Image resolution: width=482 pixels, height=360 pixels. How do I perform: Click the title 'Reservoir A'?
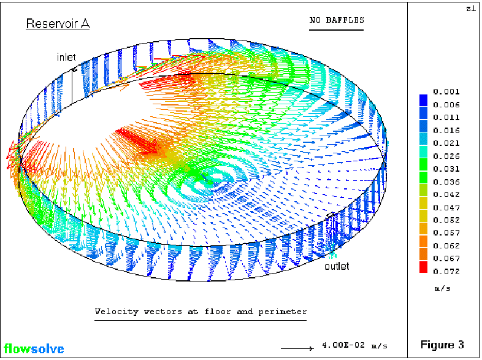[x=57, y=24]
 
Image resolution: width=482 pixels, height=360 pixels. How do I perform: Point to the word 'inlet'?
[x=66, y=57]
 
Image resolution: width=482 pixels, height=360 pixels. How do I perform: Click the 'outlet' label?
[x=337, y=266]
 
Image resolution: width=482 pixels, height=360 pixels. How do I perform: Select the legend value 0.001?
[x=446, y=92]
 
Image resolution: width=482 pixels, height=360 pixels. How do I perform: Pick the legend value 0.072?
[x=446, y=271]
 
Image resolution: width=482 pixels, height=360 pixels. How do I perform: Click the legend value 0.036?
[x=446, y=182]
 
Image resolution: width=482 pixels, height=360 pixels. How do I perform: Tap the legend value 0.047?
[x=446, y=207]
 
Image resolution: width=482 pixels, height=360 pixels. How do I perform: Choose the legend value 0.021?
[x=446, y=143]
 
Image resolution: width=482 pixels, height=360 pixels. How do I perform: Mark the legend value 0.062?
[x=446, y=245]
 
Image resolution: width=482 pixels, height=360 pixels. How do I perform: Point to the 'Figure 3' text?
[x=442, y=344]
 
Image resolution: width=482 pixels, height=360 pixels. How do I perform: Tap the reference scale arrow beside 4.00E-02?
[x=301, y=348]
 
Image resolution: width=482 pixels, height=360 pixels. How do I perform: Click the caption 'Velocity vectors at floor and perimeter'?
[x=201, y=312]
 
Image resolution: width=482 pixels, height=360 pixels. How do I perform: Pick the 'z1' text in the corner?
[x=470, y=9]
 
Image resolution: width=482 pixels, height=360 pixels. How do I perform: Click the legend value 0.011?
[x=446, y=118]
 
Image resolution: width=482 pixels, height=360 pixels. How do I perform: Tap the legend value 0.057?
[x=446, y=232]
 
